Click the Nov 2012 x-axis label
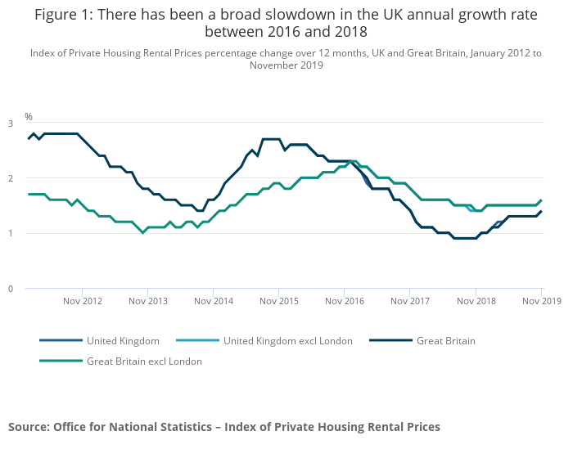pos(83,301)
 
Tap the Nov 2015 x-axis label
pos(279,301)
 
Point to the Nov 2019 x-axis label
pos(541,301)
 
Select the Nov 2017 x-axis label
pos(410,301)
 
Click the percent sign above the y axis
pos(29,117)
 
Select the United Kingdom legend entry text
pos(123,341)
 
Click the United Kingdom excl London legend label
pos(288,341)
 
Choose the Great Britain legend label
pos(445,341)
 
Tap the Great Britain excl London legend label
pos(144,361)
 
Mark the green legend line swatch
pos(61,361)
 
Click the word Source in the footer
pos(29,427)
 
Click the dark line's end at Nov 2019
pos(541,211)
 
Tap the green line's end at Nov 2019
pos(541,200)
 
